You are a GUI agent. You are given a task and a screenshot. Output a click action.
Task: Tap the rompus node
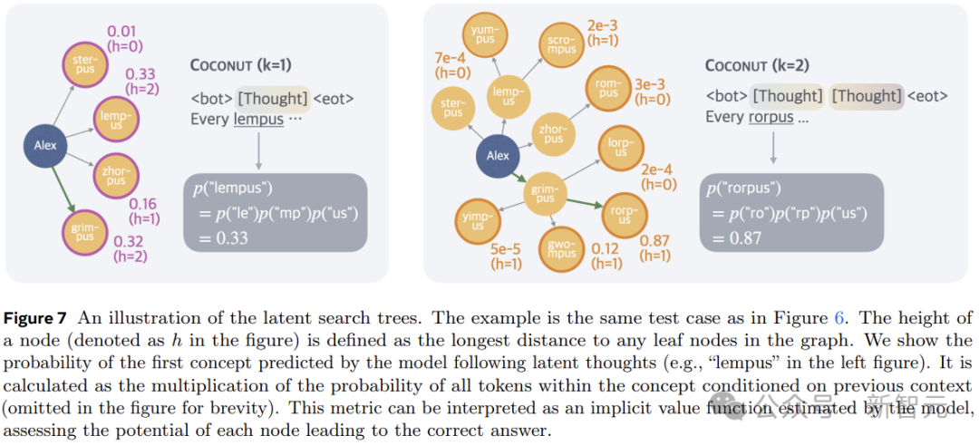tap(608, 89)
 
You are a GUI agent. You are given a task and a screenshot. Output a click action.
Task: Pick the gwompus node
tap(561, 247)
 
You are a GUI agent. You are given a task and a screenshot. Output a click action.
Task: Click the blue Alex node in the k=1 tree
tap(45, 145)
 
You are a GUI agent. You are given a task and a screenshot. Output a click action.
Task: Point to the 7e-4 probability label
tap(451, 58)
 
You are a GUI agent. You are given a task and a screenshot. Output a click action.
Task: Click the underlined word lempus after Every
tap(257, 119)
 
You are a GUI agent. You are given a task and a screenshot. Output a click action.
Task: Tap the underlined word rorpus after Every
tap(771, 117)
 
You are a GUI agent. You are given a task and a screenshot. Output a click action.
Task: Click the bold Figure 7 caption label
tap(37, 318)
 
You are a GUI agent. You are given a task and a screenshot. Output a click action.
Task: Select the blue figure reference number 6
tap(838, 318)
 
